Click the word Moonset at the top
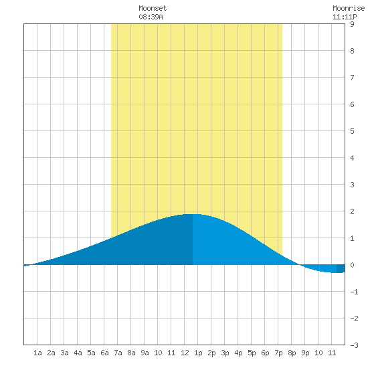(153, 8)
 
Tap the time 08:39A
(151, 17)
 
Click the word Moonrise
(349, 8)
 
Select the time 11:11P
(345, 17)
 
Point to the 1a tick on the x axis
(37, 353)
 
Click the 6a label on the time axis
(104, 353)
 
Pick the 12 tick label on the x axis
(185, 353)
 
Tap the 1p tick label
(198, 353)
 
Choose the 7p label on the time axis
(278, 353)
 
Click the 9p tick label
(305, 353)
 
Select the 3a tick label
(64, 353)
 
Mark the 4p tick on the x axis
(238, 353)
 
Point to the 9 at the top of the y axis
(352, 24)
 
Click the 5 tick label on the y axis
(352, 131)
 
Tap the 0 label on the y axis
(352, 265)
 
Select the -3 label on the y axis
(354, 345)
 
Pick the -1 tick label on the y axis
(354, 292)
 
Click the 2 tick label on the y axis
(352, 211)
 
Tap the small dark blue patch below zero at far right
(341, 268)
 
